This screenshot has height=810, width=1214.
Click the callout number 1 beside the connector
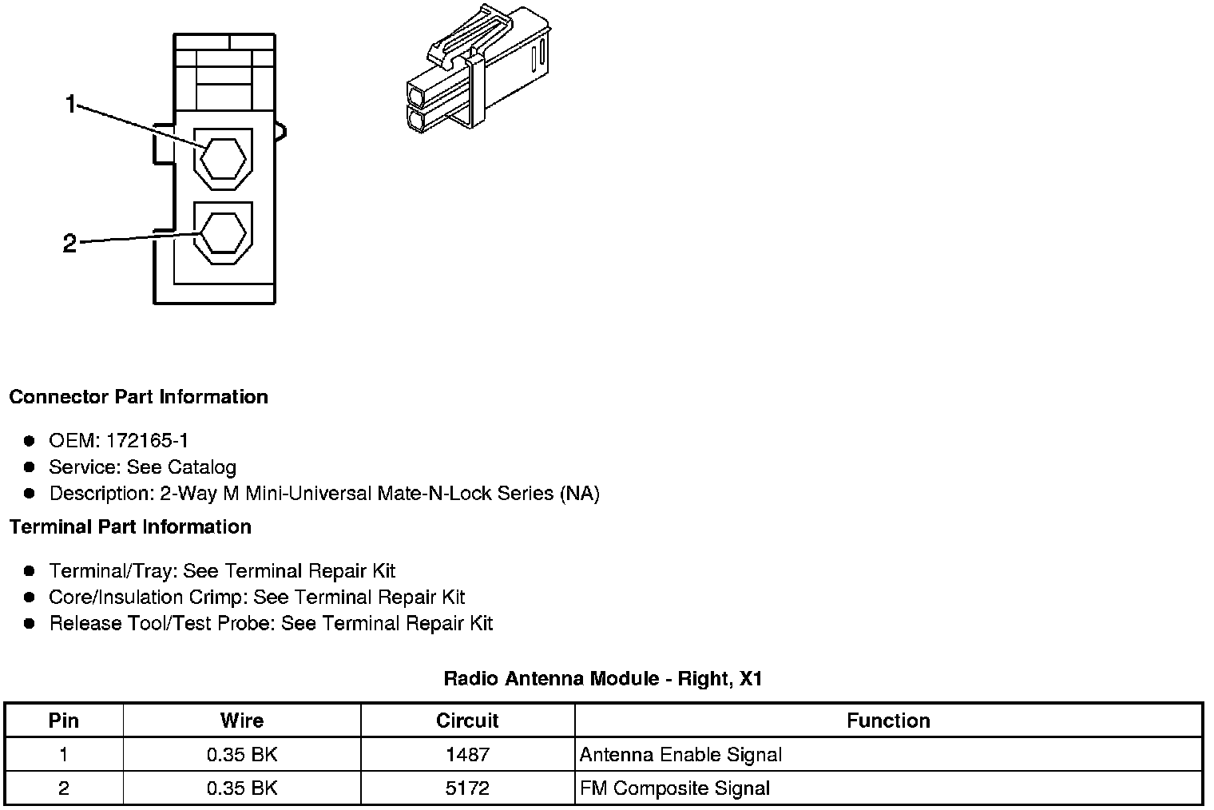[71, 105]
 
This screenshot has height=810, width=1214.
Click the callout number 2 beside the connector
[69, 244]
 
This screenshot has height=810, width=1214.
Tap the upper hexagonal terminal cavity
[223, 159]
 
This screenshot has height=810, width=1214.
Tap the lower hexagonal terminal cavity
[223, 233]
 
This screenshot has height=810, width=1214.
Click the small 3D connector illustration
[477, 69]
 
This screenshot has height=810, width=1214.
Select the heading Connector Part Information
[138, 397]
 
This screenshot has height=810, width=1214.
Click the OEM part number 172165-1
[147, 441]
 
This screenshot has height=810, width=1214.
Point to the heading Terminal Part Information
[130, 527]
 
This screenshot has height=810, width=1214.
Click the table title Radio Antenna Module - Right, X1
[603, 680]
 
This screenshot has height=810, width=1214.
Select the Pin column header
[64, 721]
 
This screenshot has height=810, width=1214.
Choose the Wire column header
[242, 721]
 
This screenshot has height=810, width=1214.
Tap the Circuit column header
[467, 721]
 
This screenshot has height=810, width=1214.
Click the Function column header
[888, 721]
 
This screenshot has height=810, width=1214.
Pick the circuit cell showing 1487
[467, 755]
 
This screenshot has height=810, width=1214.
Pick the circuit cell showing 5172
[467, 788]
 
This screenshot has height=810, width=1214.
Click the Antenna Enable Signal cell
[680, 755]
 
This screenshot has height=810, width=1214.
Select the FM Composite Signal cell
[675, 788]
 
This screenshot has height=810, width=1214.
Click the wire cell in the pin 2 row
[242, 788]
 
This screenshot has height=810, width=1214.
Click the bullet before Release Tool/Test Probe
[30, 624]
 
